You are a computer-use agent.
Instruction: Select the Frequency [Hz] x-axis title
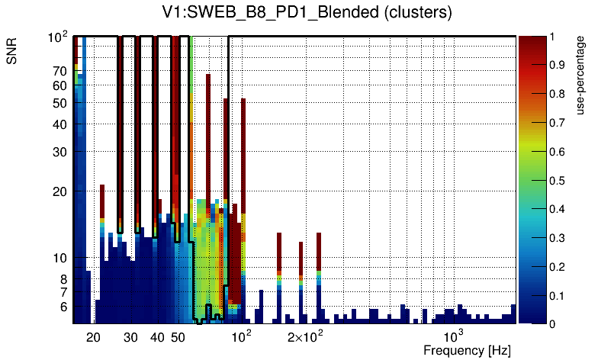pos(467,350)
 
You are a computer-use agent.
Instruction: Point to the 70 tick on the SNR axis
pos(59,71)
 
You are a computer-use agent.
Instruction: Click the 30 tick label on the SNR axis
pos(59,151)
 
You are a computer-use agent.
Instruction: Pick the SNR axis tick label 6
pos(63,307)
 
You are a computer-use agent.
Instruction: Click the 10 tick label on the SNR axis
pos(59,258)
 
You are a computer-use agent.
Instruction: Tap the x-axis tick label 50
pos(177,337)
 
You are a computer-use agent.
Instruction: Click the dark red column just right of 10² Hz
pos(243,153)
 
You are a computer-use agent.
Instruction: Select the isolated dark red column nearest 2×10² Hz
pos(301,256)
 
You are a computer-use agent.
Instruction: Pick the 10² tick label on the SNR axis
pos(58,37)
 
